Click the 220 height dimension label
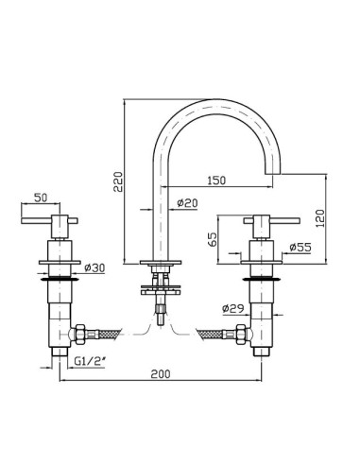(118, 181)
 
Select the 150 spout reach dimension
(216, 181)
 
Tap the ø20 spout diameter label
(187, 203)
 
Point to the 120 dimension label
(319, 219)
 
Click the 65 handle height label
(214, 239)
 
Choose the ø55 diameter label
(300, 248)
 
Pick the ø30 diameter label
(94, 268)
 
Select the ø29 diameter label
(233, 308)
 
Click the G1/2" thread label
(89, 361)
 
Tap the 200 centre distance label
(161, 374)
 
